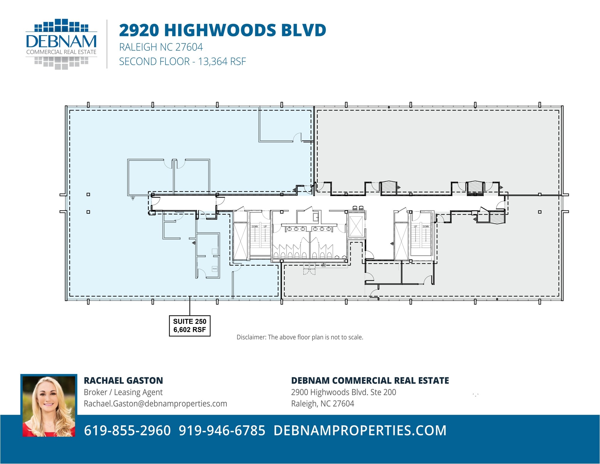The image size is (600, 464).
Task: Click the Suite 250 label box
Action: [190, 325]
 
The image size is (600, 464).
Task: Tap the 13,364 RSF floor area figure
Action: [222, 62]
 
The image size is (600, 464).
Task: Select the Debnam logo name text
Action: [61, 42]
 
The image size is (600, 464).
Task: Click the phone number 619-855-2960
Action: [127, 430]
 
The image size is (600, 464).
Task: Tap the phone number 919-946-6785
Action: [222, 430]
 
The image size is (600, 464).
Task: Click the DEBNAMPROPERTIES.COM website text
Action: [360, 430]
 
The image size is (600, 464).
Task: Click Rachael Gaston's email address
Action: [155, 404]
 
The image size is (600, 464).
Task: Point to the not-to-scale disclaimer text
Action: [300, 337]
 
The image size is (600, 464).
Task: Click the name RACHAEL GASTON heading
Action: [123, 380]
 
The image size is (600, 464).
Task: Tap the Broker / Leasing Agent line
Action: [123, 392]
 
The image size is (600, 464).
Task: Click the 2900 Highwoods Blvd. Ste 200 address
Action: [343, 392]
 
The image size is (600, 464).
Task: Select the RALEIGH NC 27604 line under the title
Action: [161, 47]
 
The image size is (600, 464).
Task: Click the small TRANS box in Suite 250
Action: [215, 269]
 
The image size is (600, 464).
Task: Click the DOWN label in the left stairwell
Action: [255, 227]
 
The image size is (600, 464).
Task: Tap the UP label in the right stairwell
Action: [415, 227]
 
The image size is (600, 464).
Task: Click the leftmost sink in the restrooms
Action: [289, 229]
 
